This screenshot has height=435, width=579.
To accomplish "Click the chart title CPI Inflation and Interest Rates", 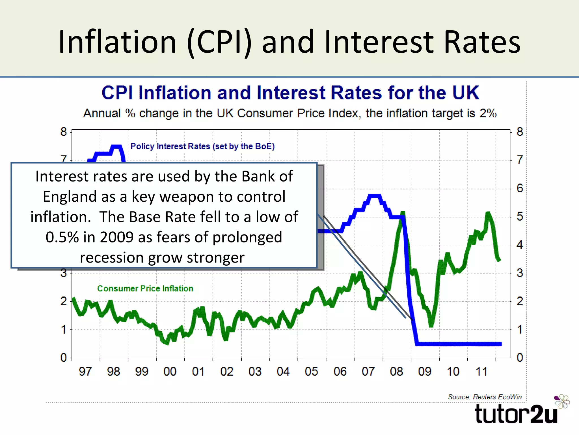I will pos(290,93).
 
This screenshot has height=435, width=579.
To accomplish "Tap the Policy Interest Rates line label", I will pos(202,146).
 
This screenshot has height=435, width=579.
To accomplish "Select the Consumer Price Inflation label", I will pos(145,288).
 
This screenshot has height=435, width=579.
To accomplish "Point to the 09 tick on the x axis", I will pos(425,371).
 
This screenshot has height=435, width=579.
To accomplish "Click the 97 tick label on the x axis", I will pos(85,371).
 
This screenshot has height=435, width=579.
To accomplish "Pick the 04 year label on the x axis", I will pos(283,371).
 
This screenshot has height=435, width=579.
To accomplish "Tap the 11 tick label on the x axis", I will pos(481,371).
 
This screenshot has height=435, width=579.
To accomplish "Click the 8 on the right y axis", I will pos(520,132).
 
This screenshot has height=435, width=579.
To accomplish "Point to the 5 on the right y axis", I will pos(520,217).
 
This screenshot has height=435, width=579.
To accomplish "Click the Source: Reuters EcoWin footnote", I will pos(485,397).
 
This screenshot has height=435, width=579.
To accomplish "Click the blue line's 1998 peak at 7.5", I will pos(116,146).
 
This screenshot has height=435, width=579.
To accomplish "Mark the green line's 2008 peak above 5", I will pos(403,213).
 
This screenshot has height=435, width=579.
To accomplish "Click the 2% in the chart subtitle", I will pos(488,113).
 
